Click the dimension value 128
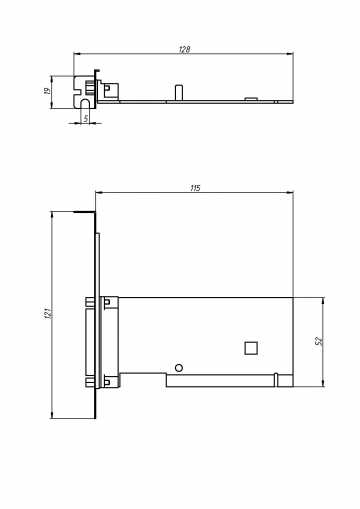184,49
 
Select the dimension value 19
47,91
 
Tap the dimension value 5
86,118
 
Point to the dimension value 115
195,188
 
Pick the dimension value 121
47,313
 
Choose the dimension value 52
319,341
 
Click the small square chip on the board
251,348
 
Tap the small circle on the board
179,368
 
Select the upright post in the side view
179,92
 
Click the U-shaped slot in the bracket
86,103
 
